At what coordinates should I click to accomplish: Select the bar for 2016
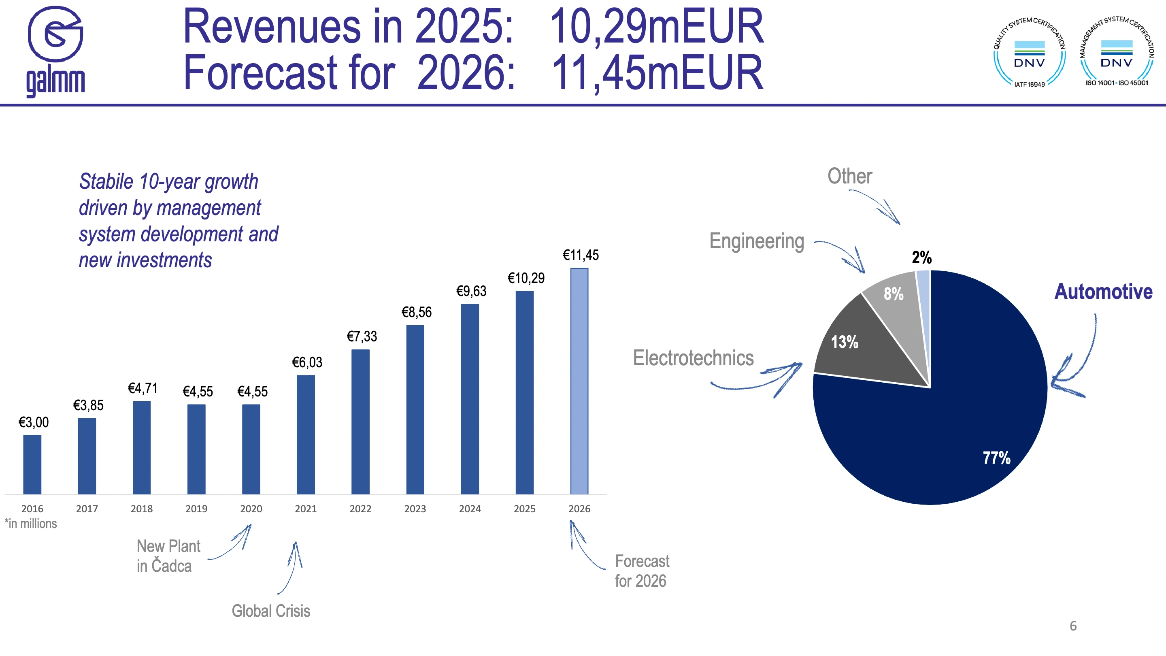[32, 464]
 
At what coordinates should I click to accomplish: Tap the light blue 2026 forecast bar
[579, 381]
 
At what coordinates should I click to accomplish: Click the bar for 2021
[306, 434]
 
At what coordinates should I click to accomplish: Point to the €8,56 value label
[417, 312]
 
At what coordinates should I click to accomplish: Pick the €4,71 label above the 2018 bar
[143, 388]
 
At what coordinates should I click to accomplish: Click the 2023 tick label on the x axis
[415, 509]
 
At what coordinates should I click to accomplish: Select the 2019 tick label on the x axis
[196, 509]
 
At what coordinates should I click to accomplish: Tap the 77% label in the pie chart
[996, 458]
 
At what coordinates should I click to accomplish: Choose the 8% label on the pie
[894, 294]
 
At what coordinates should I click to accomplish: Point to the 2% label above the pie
[921, 258]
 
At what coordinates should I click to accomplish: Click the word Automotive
[1104, 292]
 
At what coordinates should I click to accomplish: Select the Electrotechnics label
[693, 358]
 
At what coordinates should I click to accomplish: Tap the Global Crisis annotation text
[271, 611]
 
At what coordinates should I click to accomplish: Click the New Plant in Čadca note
[168, 556]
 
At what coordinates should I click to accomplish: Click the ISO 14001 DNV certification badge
[1116, 51]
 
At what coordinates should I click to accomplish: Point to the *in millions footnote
[31, 524]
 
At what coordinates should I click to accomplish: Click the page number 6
[1073, 626]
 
